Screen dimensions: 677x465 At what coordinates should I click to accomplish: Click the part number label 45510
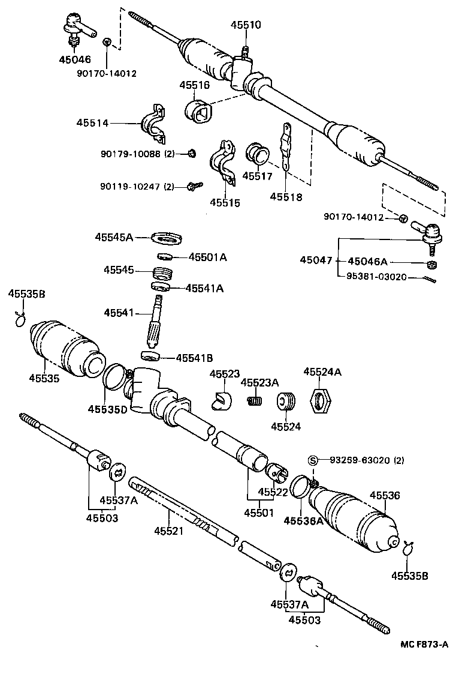[246, 25]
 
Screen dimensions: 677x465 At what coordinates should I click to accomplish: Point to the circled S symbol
[312, 460]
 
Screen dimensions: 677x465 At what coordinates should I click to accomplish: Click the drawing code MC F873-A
[424, 645]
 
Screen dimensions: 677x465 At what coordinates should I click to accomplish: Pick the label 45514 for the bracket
[92, 123]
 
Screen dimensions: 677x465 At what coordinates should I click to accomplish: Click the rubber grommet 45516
[197, 112]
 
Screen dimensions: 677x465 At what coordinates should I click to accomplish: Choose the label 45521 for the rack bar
[168, 531]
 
